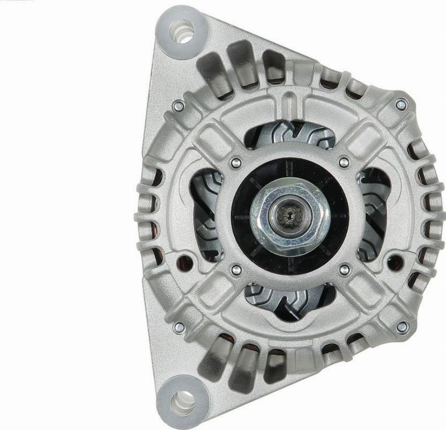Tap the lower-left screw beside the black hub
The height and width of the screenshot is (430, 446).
(x=236, y=269)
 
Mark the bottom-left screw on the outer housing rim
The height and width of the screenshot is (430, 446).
(x=179, y=326)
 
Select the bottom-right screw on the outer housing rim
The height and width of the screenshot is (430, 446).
(x=402, y=326)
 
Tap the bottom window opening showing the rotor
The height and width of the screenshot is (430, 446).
(x=290, y=297)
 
